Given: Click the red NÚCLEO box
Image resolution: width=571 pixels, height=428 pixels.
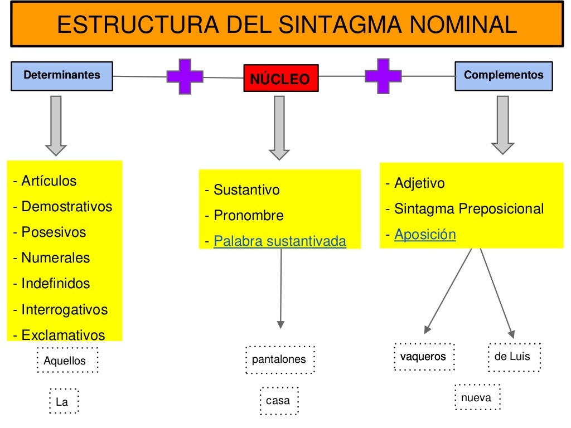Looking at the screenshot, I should click(x=280, y=79).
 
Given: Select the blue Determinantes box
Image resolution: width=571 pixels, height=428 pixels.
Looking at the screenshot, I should click(x=62, y=75).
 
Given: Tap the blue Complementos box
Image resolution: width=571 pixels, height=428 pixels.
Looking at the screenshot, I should click(x=504, y=75).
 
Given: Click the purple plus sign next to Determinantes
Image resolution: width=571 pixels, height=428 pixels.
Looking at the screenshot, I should click(x=185, y=76).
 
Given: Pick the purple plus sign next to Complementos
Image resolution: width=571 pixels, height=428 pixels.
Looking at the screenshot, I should click(x=383, y=76).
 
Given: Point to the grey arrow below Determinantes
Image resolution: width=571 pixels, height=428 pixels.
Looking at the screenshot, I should click(x=56, y=125).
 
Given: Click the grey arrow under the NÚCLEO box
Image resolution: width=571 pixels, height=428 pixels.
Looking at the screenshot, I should click(x=279, y=128).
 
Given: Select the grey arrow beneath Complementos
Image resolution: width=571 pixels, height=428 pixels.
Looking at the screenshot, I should click(x=502, y=124).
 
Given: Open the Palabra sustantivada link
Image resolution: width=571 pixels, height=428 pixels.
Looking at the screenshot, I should click(x=280, y=241).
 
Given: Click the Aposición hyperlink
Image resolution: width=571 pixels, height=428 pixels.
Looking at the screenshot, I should click(x=425, y=235).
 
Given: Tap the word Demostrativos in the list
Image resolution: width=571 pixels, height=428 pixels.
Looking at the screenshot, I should click(x=67, y=207).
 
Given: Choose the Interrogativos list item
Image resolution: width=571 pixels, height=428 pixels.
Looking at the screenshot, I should click(x=64, y=309).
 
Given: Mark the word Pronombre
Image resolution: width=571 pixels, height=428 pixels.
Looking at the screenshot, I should click(x=249, y=216).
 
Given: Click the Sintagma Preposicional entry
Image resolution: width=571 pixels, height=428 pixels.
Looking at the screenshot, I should click(x=468, y=209).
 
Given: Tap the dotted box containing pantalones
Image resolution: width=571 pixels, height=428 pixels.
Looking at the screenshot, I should click(x=279, y=359).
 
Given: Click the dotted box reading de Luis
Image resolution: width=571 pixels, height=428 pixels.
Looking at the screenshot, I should click(x=514, y=357).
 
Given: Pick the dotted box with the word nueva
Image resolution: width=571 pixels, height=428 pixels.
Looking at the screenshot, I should click(x=477, y=397).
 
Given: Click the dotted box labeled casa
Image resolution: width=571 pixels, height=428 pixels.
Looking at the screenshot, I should click(x=278, y=401).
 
